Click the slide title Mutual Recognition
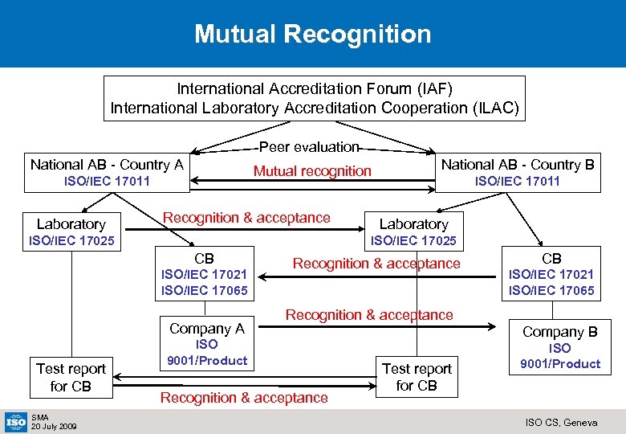pos(312,34)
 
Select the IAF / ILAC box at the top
pos(315,98)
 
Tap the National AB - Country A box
pos(107,172)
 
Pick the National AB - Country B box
pos(518,172)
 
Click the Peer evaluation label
pos(309,147)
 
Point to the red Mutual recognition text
pos(312,170)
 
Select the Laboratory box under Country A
pos(71,231)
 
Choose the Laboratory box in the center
pos(413,231)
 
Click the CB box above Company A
pos(205,274)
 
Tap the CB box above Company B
pos(551,274)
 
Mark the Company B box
pos(559,346)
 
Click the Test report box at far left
pos(71,377)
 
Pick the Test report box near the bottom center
pos(417,377)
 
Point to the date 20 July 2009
pos(54,426)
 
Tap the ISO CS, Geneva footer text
pos(562,422)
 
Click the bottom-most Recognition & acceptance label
pos(244,397)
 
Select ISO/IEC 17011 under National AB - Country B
pos(518,182)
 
